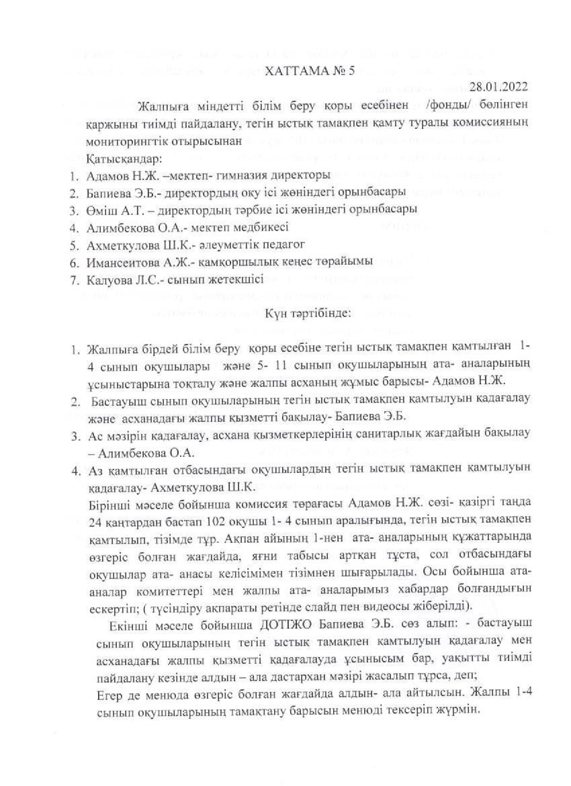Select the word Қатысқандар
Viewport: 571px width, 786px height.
pyautogui.click(x=124, y=160)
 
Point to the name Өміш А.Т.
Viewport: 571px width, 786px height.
pyautogui.click(x=112, y=208)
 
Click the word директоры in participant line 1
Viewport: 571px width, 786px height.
pyautogui.click(x=290, y=176)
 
